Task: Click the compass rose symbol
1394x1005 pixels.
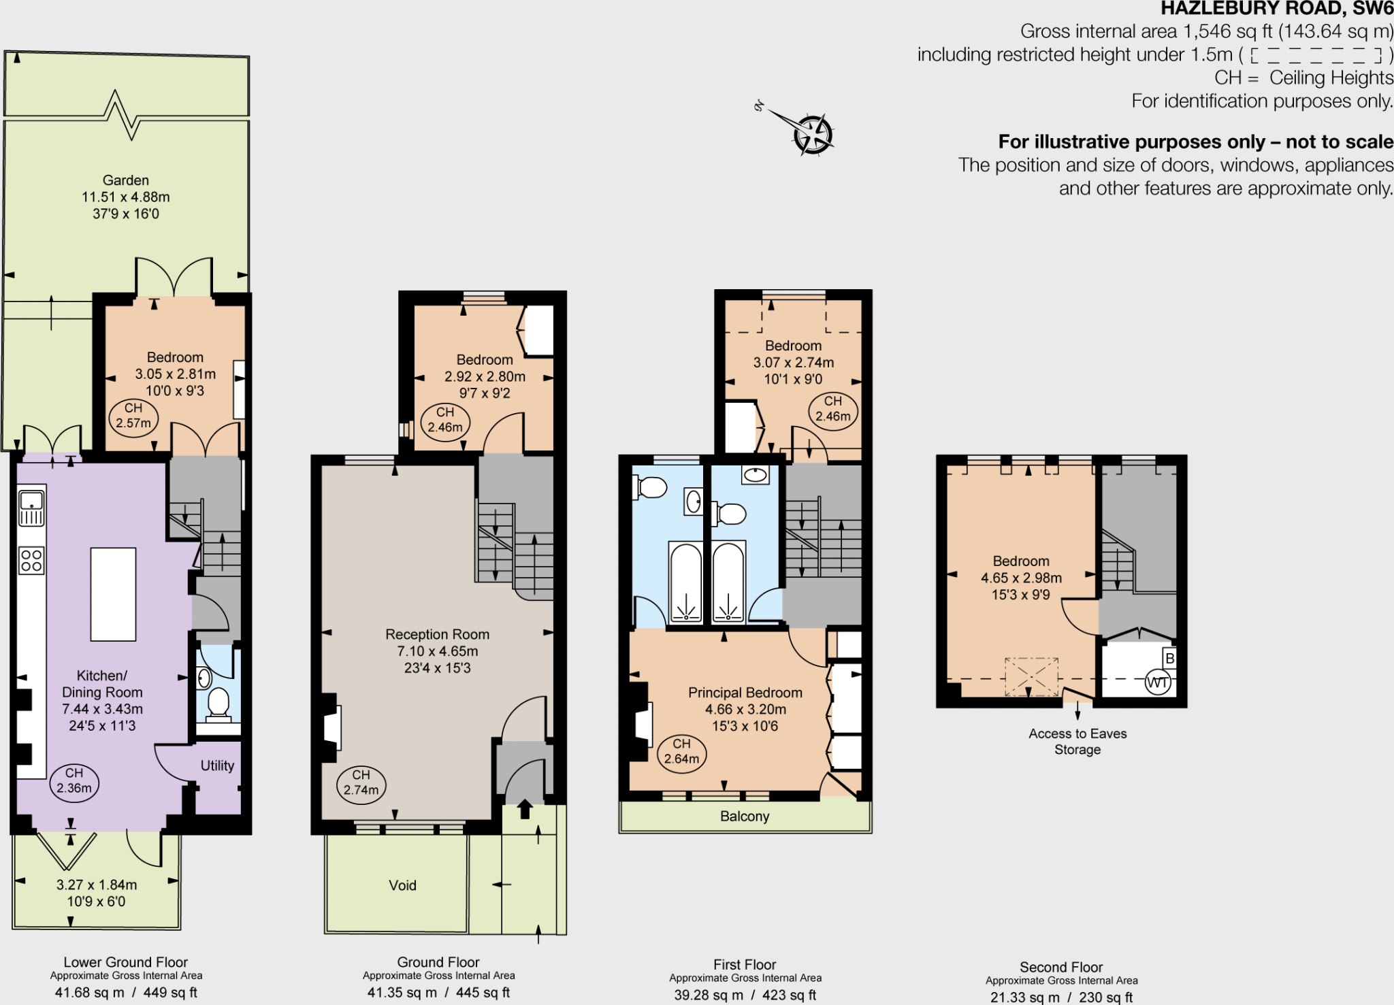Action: point(813,134)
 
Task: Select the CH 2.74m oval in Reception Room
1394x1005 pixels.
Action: point(361,783)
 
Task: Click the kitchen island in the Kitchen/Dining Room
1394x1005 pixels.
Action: point(113,594)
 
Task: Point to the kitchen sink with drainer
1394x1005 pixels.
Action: point(31,509)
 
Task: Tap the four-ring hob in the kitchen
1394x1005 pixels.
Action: point(31,561)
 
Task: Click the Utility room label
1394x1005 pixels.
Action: point(217,765)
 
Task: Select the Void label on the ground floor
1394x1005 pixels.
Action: point(402,885)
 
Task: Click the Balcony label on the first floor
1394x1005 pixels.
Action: point(745,817)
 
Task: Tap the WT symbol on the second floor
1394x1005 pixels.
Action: point(1157,682)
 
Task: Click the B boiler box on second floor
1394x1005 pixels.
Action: point(1169,658)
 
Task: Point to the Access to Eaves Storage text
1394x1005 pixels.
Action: point(1077,742)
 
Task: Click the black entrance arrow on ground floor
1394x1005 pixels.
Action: point(525,808)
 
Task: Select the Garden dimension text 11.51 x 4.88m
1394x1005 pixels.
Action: point(126,197)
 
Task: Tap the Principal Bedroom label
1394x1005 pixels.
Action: point(745,693)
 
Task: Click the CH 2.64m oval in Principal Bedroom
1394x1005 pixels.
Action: point(681,752)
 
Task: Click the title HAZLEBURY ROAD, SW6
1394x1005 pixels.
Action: point(1276,9)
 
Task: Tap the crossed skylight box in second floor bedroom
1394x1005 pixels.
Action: point(1032,676)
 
